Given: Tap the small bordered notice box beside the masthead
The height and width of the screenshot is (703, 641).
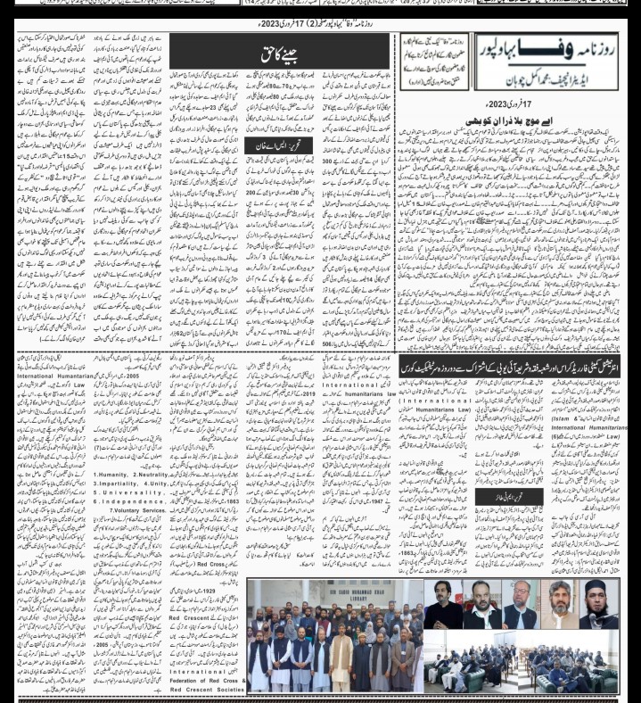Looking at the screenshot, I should click(434, 60).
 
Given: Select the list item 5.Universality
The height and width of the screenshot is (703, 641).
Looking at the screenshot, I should click(131, 492).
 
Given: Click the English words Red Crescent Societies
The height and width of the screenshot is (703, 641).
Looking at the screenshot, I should click(207, 690).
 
